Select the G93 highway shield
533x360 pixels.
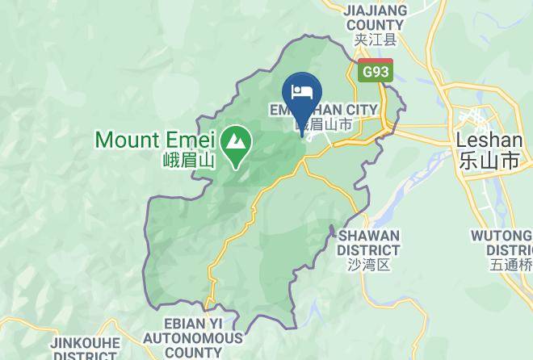[x=376, y=70]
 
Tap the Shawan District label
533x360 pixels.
[x=369, y=242]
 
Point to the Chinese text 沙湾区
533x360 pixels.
[x=369, y=263]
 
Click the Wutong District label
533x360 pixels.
[x=502, y=242]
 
